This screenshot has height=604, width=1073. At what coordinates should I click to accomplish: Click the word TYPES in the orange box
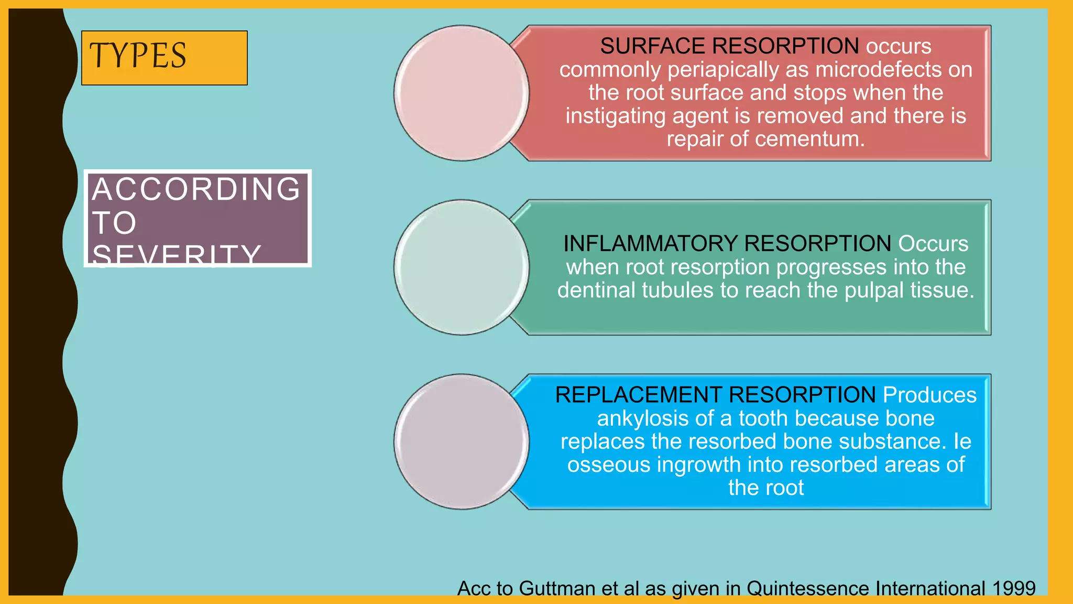click(x=138, y=56)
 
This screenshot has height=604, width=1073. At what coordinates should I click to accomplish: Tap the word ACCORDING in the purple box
click(x=196, y=189)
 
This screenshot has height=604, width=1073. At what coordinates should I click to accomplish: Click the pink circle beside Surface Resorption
click(x=461, y=93)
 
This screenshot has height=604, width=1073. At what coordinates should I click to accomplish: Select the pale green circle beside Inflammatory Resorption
click(x=461, y=267)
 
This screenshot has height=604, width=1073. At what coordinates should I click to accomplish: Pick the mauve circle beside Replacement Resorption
click(x=461, y=441)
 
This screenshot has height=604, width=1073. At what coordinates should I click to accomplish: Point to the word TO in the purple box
click(x=114, y=223)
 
